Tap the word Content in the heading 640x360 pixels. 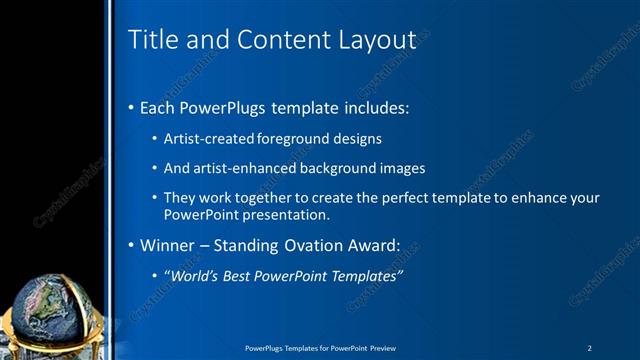(268, 40)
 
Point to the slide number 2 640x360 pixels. (590, 348)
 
